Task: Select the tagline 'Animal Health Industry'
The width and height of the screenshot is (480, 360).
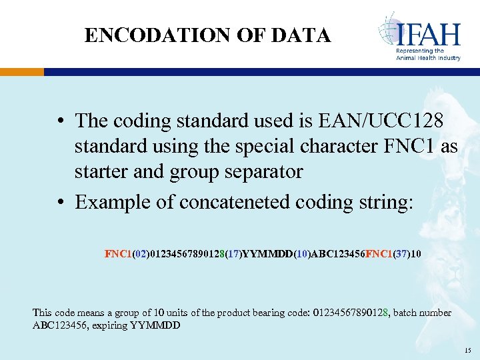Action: pyautogui.click(x=428, y=58)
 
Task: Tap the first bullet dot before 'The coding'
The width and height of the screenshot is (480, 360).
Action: pyautogui.click(x=61, y=121)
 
